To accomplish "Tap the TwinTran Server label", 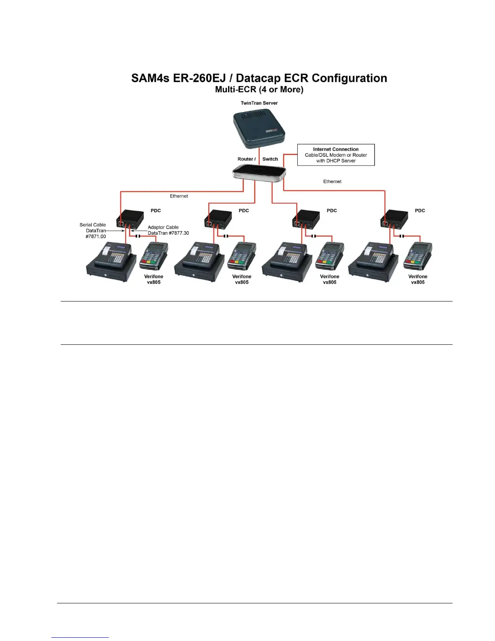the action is [x=259, y=103].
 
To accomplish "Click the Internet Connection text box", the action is [x=336, y=155].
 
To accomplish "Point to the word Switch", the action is [x=270, y=159].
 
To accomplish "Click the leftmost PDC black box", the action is [x=130, y=220].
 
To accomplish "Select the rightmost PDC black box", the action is [x=394, y=220].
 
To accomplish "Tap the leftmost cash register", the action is [x=111, y=262].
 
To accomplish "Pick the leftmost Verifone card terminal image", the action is [x=154, y=256].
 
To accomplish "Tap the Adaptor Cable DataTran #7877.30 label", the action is [x=168, y=230].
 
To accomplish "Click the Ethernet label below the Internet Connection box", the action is [x=332, y=182].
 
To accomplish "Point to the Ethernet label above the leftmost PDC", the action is [x=179, y=196].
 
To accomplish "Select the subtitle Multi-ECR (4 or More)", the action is [x=259, y=89].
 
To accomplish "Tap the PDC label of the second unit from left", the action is [x=244, y=210].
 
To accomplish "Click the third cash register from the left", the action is [x=287, y=262].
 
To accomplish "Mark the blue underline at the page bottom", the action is [x=80, y=637].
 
